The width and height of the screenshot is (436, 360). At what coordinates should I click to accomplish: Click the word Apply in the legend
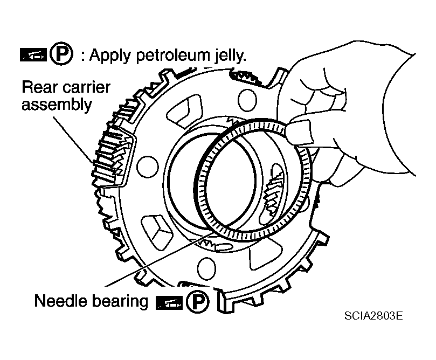point(110,56)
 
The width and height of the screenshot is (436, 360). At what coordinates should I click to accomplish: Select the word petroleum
point(174,56)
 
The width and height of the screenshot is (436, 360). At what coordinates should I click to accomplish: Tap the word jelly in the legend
point(230,56)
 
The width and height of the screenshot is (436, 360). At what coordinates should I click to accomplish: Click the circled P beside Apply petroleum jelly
point(61,53)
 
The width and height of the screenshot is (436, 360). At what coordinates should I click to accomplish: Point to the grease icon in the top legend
point(33,54)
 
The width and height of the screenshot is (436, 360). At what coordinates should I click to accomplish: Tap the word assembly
point(57,105)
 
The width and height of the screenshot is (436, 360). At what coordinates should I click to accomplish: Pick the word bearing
point(120,301)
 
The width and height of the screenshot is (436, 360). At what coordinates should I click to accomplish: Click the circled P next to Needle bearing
point(197,302)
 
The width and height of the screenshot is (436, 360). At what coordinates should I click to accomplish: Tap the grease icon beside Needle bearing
point(169,303)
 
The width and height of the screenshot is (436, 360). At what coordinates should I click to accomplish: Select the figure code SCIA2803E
point(373,316)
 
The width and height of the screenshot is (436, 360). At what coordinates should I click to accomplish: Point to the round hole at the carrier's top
point(247,100)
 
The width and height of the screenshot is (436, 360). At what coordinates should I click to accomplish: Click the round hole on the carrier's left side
point(147,168)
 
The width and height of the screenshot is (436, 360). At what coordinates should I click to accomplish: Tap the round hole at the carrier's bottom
point(206,268)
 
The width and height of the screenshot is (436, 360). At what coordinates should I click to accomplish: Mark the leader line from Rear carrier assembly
point(73,140)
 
